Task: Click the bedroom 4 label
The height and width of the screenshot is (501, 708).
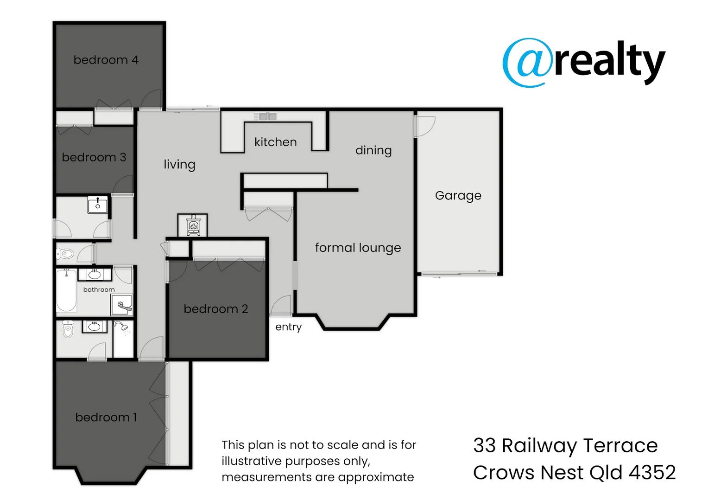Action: click(x=106, y=60)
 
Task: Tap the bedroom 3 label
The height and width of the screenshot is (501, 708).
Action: click(x=94, y=157)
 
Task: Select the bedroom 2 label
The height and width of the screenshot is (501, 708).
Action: click(x=216, y=309)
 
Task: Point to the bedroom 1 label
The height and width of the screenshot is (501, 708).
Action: click(x=106, y=417)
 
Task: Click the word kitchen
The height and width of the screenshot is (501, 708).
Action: click(x=276, y=142)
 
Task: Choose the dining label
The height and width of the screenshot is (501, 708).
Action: click(x=373, y=150)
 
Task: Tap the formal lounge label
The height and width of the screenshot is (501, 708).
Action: click(x=358, y=248)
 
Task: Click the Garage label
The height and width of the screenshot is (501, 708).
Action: click(x=458, y=195)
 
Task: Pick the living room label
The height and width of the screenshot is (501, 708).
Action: click(x=179, y=165)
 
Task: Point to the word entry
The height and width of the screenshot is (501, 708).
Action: click(x=288, y=327)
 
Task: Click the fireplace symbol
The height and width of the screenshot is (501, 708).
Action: click(x=193, y=226)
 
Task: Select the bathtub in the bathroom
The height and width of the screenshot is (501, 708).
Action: click(x=67, y=290)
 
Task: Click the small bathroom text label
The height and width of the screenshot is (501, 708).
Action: click(x=99, y=289)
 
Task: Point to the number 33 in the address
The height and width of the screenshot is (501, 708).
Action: click(x=484, y=446)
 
